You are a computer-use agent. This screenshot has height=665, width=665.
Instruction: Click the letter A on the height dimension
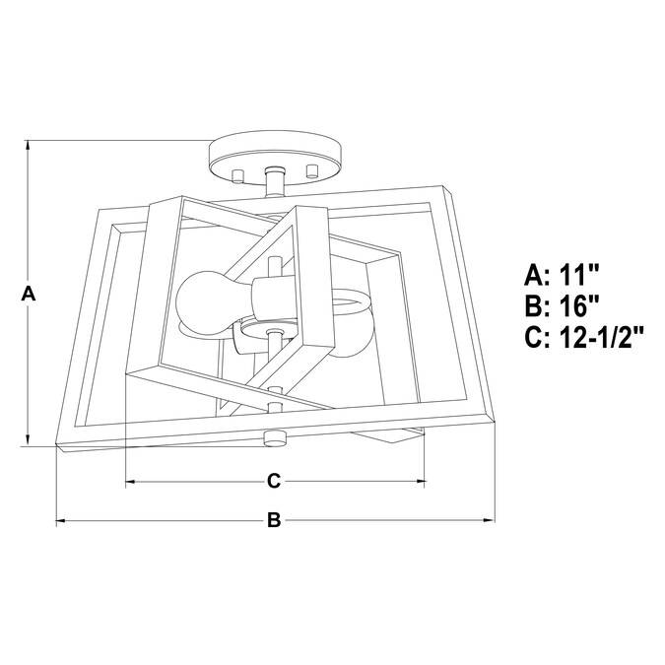29,294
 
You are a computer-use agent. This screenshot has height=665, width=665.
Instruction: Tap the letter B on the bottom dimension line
275,520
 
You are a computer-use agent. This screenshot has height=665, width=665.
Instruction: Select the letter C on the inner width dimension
275,481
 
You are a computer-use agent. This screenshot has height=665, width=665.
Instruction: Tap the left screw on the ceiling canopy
237,175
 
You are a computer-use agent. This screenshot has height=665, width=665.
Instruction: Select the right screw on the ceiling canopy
314,170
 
